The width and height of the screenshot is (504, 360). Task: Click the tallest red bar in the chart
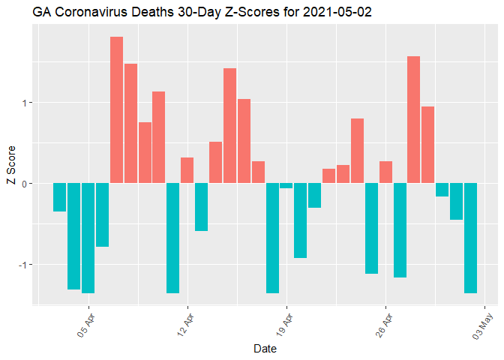tap(116, 109)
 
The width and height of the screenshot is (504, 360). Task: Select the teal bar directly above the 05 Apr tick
tap(88, 238)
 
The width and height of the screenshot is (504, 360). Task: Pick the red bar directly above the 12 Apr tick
tap(187, 170)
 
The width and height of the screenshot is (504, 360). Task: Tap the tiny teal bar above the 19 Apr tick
tap(286, 186)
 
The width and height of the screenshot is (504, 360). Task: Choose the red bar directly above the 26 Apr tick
tap(385, 172)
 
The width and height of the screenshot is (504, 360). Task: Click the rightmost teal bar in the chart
tap(470, 238)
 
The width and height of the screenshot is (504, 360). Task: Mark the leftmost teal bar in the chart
tap(59, 197)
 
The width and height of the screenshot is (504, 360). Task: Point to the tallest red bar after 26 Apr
tap(413, 120)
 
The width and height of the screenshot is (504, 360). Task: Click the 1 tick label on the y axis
tap(24, 103)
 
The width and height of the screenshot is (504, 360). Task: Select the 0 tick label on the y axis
tap(24, 184)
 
